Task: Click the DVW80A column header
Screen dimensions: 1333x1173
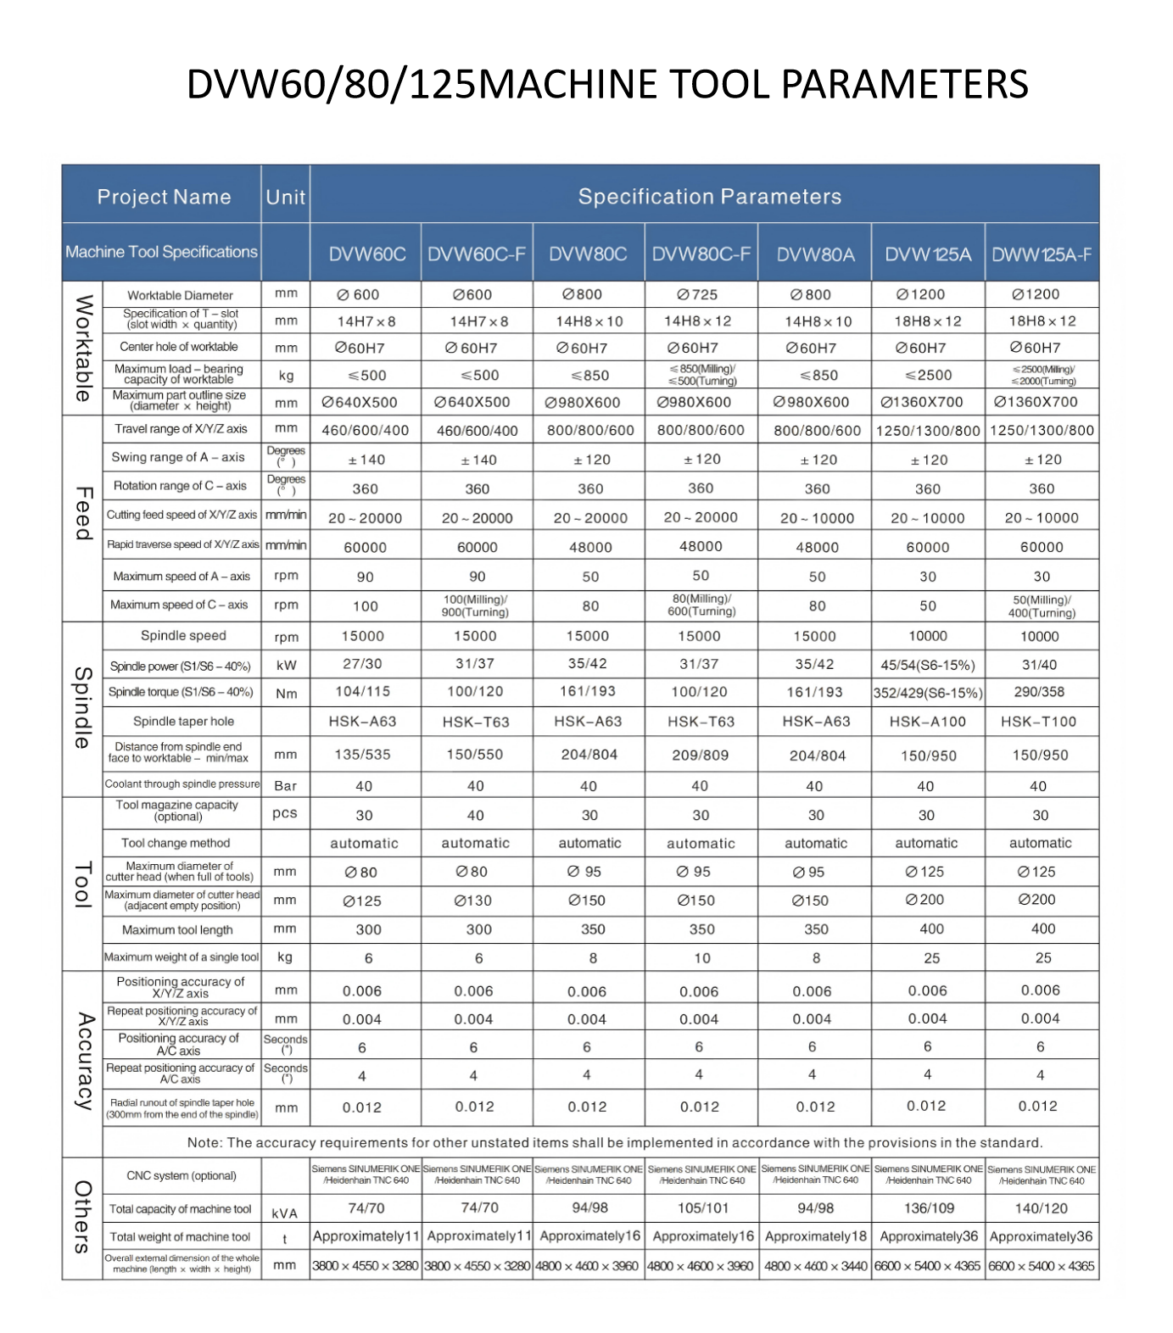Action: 815,254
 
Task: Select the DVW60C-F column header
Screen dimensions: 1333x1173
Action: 476,254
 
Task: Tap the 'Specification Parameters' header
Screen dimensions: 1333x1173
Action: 709,197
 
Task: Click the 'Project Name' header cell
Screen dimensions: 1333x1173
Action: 164,197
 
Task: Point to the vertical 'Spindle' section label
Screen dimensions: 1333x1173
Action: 82,707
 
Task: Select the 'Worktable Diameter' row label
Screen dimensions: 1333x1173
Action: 180,295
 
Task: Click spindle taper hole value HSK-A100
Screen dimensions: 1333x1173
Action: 928,722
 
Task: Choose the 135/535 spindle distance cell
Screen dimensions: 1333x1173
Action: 363,755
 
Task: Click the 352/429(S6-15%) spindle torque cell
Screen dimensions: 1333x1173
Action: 928,693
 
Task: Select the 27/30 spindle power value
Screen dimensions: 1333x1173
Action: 362,664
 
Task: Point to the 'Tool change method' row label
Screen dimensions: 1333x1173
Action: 176,843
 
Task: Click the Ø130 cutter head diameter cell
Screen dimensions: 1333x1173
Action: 473,901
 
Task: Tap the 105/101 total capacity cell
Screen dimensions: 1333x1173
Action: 702,1208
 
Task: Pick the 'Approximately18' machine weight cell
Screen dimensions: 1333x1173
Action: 815,1236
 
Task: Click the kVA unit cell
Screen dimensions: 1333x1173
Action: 285,1213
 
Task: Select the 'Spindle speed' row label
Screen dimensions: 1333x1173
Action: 183,635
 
